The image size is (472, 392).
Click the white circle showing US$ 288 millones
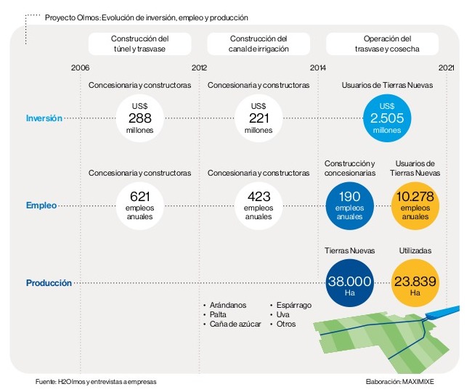click(139, 118)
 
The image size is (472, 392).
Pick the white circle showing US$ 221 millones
click(259, 118)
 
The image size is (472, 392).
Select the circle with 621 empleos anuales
click(139, 205)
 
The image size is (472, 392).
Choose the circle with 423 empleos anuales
click(259, 205)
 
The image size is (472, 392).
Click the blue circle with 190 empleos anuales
click(350, 205)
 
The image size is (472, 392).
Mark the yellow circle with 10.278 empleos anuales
click(415, 205)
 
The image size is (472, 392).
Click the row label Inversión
click(44, 118)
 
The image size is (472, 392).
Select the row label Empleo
click(41, 205)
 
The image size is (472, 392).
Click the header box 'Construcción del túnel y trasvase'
click(140, 44)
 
